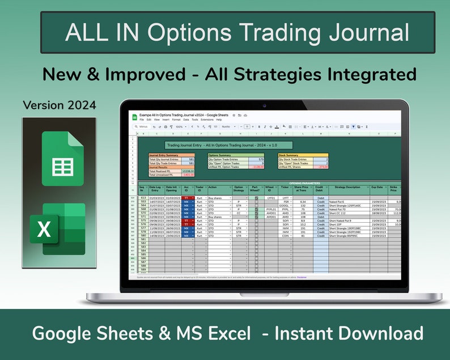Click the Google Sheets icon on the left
pos(62,158)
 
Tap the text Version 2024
pos(60,105)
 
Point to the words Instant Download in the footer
pos(349,333)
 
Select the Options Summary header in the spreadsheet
pos(220,155)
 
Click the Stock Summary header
pos(289,155)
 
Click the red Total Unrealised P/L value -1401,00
pos(187,175)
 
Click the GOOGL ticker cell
pos(285,205)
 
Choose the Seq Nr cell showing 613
pos(142,197)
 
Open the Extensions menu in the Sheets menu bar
pos(207,120)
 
